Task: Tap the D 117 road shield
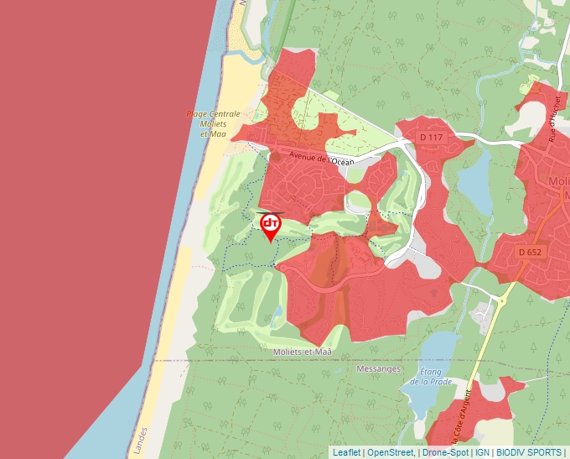pos(430,137)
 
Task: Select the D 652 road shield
pos(531,252)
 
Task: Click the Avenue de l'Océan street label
pos(322,158)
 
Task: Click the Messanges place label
pos(379,368)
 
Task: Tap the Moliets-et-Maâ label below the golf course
pos(308,352)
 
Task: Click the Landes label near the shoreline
pos(140,437)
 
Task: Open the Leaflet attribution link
pos(346,452)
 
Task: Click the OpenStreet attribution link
pos(391,452)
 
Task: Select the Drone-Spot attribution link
pos(445,452)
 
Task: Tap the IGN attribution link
pos(483,452)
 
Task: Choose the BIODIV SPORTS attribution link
pos(529,452)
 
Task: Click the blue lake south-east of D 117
pos(476,180)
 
